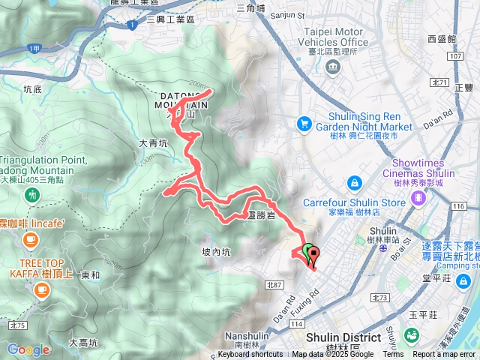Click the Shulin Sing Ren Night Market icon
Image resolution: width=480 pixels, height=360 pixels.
click(304, 123)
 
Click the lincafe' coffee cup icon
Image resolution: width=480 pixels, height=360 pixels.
click(30, 240)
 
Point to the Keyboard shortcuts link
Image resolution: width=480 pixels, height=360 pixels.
click(251, 355)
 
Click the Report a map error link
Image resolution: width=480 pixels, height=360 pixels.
click(444, 355)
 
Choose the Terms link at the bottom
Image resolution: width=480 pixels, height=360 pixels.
click(393, 355)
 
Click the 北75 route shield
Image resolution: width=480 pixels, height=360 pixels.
click(18, 325)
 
